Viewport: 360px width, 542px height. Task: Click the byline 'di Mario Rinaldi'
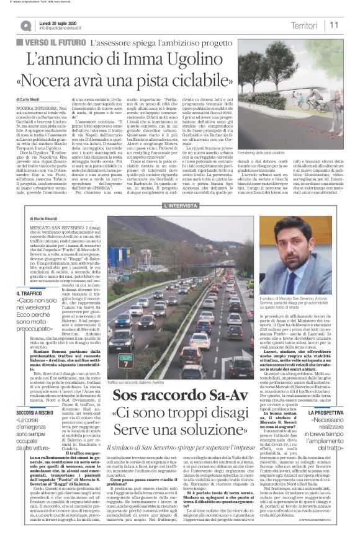pos(43,219)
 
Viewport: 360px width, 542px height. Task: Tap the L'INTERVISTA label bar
pos(180,205)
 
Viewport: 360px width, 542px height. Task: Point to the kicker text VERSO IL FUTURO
pos(54,42)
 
